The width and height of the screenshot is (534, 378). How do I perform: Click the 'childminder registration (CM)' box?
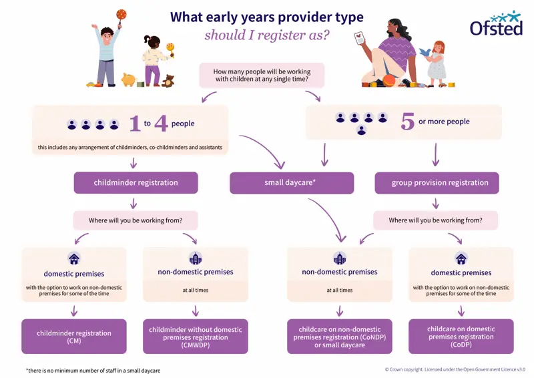pos(74,336)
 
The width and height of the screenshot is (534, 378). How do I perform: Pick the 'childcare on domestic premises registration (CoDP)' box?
pos(461,336)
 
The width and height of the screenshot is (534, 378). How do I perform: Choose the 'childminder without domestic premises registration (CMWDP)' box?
pos(196,336)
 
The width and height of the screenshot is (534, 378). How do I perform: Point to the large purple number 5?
pos(407,122)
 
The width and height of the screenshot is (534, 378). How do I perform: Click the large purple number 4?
pos(161,124)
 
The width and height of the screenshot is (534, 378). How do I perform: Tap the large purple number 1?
pos(134,124)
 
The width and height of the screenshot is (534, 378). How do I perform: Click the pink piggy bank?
pos(129,79)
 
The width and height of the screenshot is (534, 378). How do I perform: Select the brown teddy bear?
pos(169,81)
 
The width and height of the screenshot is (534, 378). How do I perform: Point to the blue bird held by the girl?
pos(425,51)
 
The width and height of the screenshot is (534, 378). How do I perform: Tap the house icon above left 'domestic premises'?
pos(73,258)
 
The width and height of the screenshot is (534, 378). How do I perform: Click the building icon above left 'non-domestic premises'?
pos(195,258)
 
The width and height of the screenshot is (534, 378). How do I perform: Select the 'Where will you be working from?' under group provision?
pos(435,220)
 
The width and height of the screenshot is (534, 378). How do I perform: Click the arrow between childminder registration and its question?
pos(135,203)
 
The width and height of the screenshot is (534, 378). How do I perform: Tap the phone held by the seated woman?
pos(362,38)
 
